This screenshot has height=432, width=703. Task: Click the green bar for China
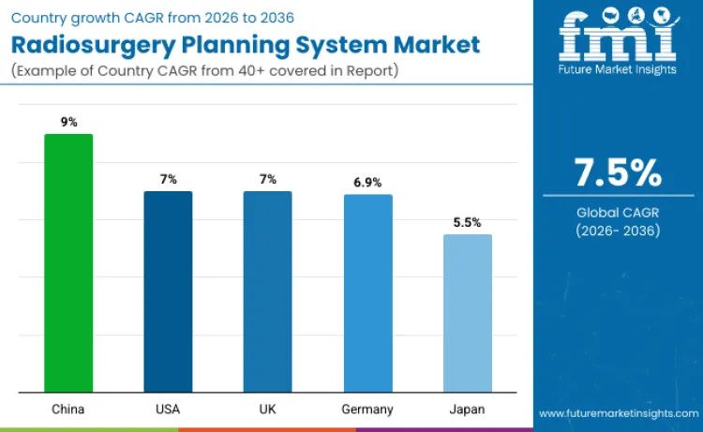[x=68, y=263]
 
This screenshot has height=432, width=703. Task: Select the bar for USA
[x=168, y=291]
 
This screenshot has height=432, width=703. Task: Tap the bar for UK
[x=267, y=291]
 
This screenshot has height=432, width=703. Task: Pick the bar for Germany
[x=367, y=293]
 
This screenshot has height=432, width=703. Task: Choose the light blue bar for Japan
[x=467, y=313]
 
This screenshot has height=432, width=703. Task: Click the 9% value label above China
[x=68, y=120]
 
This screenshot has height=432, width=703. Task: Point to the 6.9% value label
[x=367, y=182]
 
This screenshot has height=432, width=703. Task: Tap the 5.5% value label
[x=467, y=222]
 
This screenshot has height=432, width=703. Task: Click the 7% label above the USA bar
[x=168, y=178]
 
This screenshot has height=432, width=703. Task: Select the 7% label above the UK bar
[x=267, y=178]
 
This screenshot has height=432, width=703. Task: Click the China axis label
[x=68, y=410]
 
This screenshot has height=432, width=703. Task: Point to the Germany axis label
[x=367, y=410]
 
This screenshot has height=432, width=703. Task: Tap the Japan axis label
[x=467, y=410]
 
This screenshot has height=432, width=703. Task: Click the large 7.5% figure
[x=618, y=173]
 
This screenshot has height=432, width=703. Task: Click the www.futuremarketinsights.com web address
[x=618, y=412]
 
